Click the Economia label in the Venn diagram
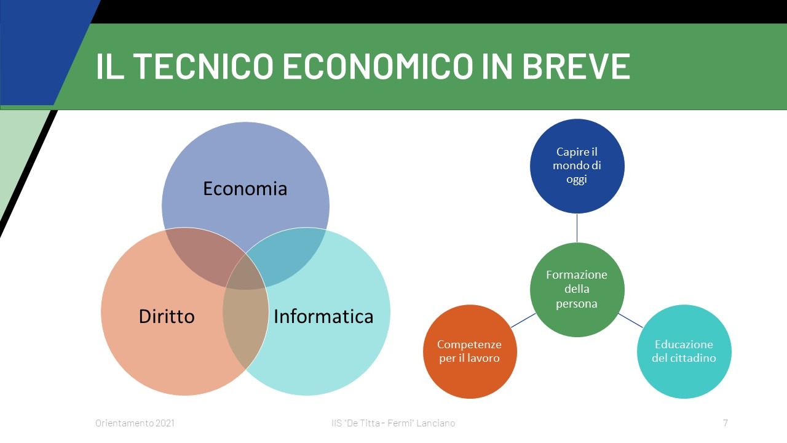pyautogui.click(x=245, y=188)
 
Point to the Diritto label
pyautogui.click(x=167, y=316)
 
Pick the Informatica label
pyautogui.click(x=323, y=316)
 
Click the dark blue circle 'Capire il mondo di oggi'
pyautogui.click(x=577, y=166)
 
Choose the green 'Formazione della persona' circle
pyautogui.click(x=577, y=289)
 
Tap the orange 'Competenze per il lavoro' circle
pyautogui.click(x=470, y=351)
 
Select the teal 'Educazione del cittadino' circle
pyautogui.click(x=684, y=351)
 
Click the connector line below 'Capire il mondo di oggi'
pyautogui.click(x=577, y=228)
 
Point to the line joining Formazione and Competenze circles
pyautogui.click(x=523, y=321)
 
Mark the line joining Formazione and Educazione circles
pyautogui.click(x=630, y=321)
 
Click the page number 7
pyautogui.click(x=725, y=423)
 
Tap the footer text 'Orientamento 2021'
pyautogui.click(x=135, y=423)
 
